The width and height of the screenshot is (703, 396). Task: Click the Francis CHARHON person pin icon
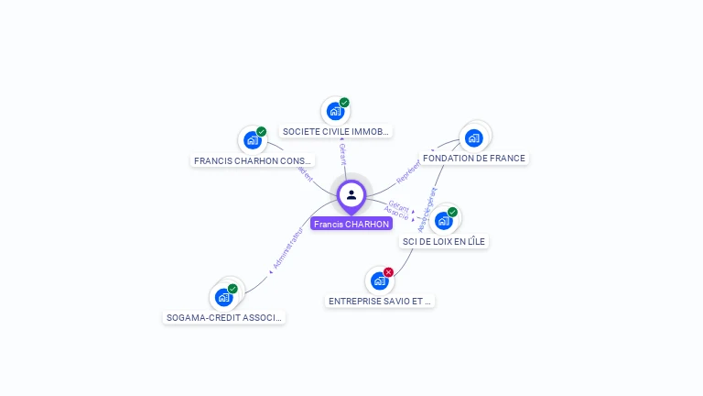click(x=351, y=194)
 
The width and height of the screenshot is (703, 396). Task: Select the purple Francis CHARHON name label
click(x=351, y=224)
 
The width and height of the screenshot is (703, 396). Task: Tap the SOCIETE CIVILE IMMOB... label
click(x=336, y=131)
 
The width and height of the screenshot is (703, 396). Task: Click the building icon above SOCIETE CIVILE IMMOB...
click(x=335, y=111)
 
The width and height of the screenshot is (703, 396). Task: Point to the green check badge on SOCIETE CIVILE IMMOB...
click(x=344, y=103)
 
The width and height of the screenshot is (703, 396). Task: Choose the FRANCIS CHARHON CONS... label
click(x=254, y=160)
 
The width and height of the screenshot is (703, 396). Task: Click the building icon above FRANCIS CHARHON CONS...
click(x=252, y=140)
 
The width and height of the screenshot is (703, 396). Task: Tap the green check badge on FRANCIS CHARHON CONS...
click(x=261, y=132)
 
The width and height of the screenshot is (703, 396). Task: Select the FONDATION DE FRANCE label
click(x=474, y=158)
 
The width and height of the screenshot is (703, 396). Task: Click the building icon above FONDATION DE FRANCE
click(x=473, y=138)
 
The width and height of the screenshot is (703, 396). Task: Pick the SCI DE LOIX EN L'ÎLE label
click(x=445, y=241)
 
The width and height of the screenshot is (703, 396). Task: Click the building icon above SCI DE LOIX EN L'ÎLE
click(x=443, y=220)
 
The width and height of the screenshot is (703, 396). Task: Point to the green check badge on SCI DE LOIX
click(x=452, y=212)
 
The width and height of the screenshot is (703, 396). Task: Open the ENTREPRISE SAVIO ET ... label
click(x=380, y=301)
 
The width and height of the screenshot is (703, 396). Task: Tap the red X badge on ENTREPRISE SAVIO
click(x=388, y=272)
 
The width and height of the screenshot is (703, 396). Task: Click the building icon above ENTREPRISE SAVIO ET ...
click(x=379, y=280)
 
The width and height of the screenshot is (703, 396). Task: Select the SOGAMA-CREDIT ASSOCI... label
click(x=225, y=317)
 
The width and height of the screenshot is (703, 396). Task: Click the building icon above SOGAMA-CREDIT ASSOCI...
click(x=223, y=297)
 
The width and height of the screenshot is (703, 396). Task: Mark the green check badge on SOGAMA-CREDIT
click(x=233, y=289)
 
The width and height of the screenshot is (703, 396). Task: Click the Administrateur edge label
click(x=287, y=249)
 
